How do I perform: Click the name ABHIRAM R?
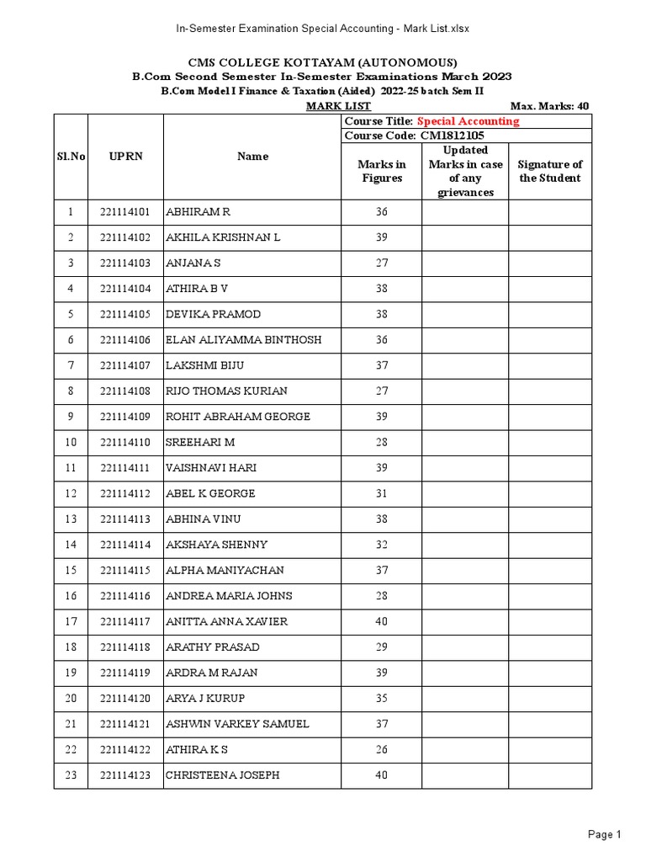tap(198, 212)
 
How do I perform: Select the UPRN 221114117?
tap(124, 621)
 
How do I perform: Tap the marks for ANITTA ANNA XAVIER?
tap(381, 621)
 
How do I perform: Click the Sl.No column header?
tap(71, 157)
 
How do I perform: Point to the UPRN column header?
tap(124, 157)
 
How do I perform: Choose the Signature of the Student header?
tap(550, 171)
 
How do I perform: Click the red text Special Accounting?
tap(469, 121)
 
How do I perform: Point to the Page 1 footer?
tap(604, 834)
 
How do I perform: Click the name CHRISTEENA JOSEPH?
tap(222, 775)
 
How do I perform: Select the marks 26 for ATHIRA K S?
tap(381, 749)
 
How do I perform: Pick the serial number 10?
tap(71, 442)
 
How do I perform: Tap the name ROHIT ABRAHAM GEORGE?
tap(238, 417)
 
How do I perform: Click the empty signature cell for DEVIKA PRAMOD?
tap(550, 314)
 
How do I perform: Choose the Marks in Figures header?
tap(381, 171)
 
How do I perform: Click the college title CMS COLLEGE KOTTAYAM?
tap(322, 62)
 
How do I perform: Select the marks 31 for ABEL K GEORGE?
tap(381, 493)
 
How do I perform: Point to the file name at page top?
tap(322, 28)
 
